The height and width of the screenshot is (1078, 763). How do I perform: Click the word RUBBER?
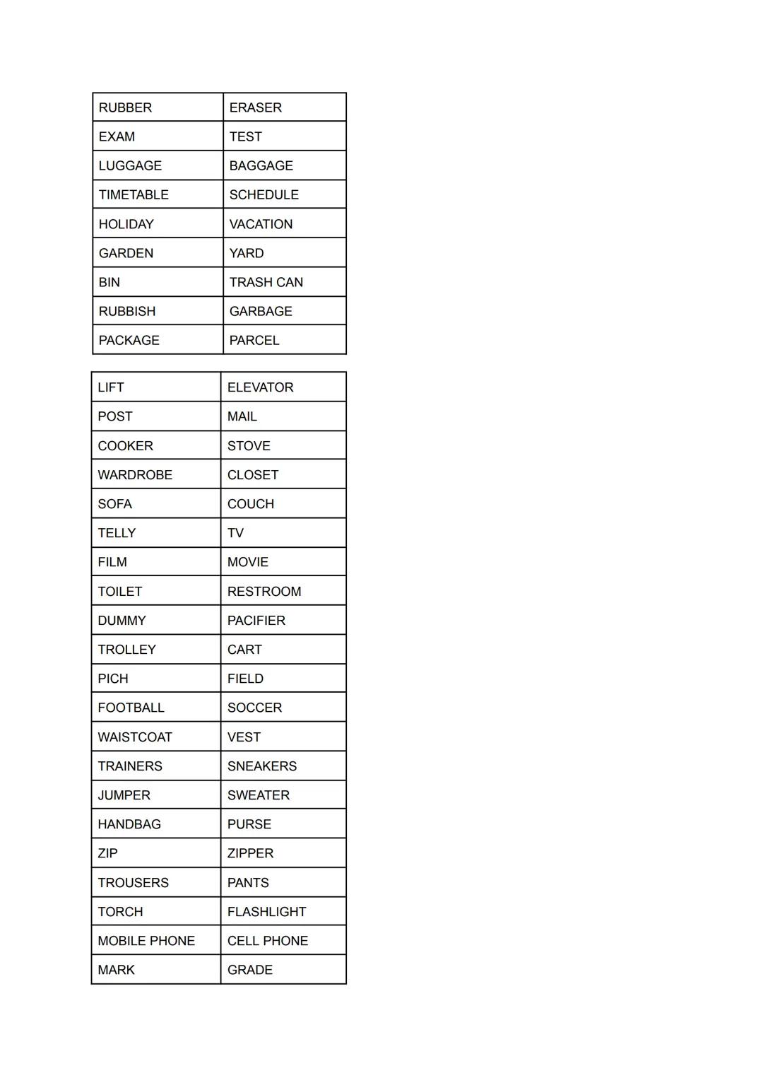click(125, 107)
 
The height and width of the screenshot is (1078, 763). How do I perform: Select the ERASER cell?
click(255, 107)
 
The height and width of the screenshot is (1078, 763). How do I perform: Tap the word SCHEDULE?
click(264, 194)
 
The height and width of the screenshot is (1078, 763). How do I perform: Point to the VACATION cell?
click(261, 224)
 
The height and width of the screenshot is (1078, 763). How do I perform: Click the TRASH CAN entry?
click(266, 282)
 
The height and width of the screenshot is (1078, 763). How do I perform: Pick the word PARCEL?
click(254, 340)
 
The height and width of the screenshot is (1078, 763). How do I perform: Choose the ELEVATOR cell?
click(260, 387)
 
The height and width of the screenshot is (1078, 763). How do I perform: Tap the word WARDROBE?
click(135, 475)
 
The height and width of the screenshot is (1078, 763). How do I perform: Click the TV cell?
click(235, 533)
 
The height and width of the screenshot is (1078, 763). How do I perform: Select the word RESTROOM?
click(264, 592)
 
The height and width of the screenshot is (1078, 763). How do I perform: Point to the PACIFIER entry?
click(256, 621)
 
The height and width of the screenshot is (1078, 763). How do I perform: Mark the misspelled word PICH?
click(113, 679)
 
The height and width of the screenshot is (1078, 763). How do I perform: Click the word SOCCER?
click(254, 708)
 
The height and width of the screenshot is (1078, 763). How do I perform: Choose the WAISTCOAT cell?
click(135, 737)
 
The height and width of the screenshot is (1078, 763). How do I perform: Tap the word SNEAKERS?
click(262, 766)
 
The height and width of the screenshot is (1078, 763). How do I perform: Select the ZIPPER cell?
click(250, 853)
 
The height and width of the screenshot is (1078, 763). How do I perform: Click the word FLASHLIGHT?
click(266, 912)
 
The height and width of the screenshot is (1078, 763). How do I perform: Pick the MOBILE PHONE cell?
click(146, 941)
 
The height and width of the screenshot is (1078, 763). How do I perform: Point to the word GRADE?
click(250, 970)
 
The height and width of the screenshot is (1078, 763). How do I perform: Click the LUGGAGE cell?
click(130, 165)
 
